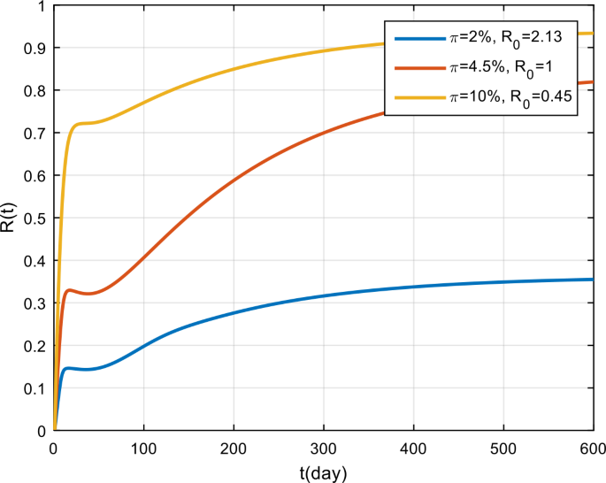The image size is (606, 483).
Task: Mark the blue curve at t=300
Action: coord(324,295)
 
